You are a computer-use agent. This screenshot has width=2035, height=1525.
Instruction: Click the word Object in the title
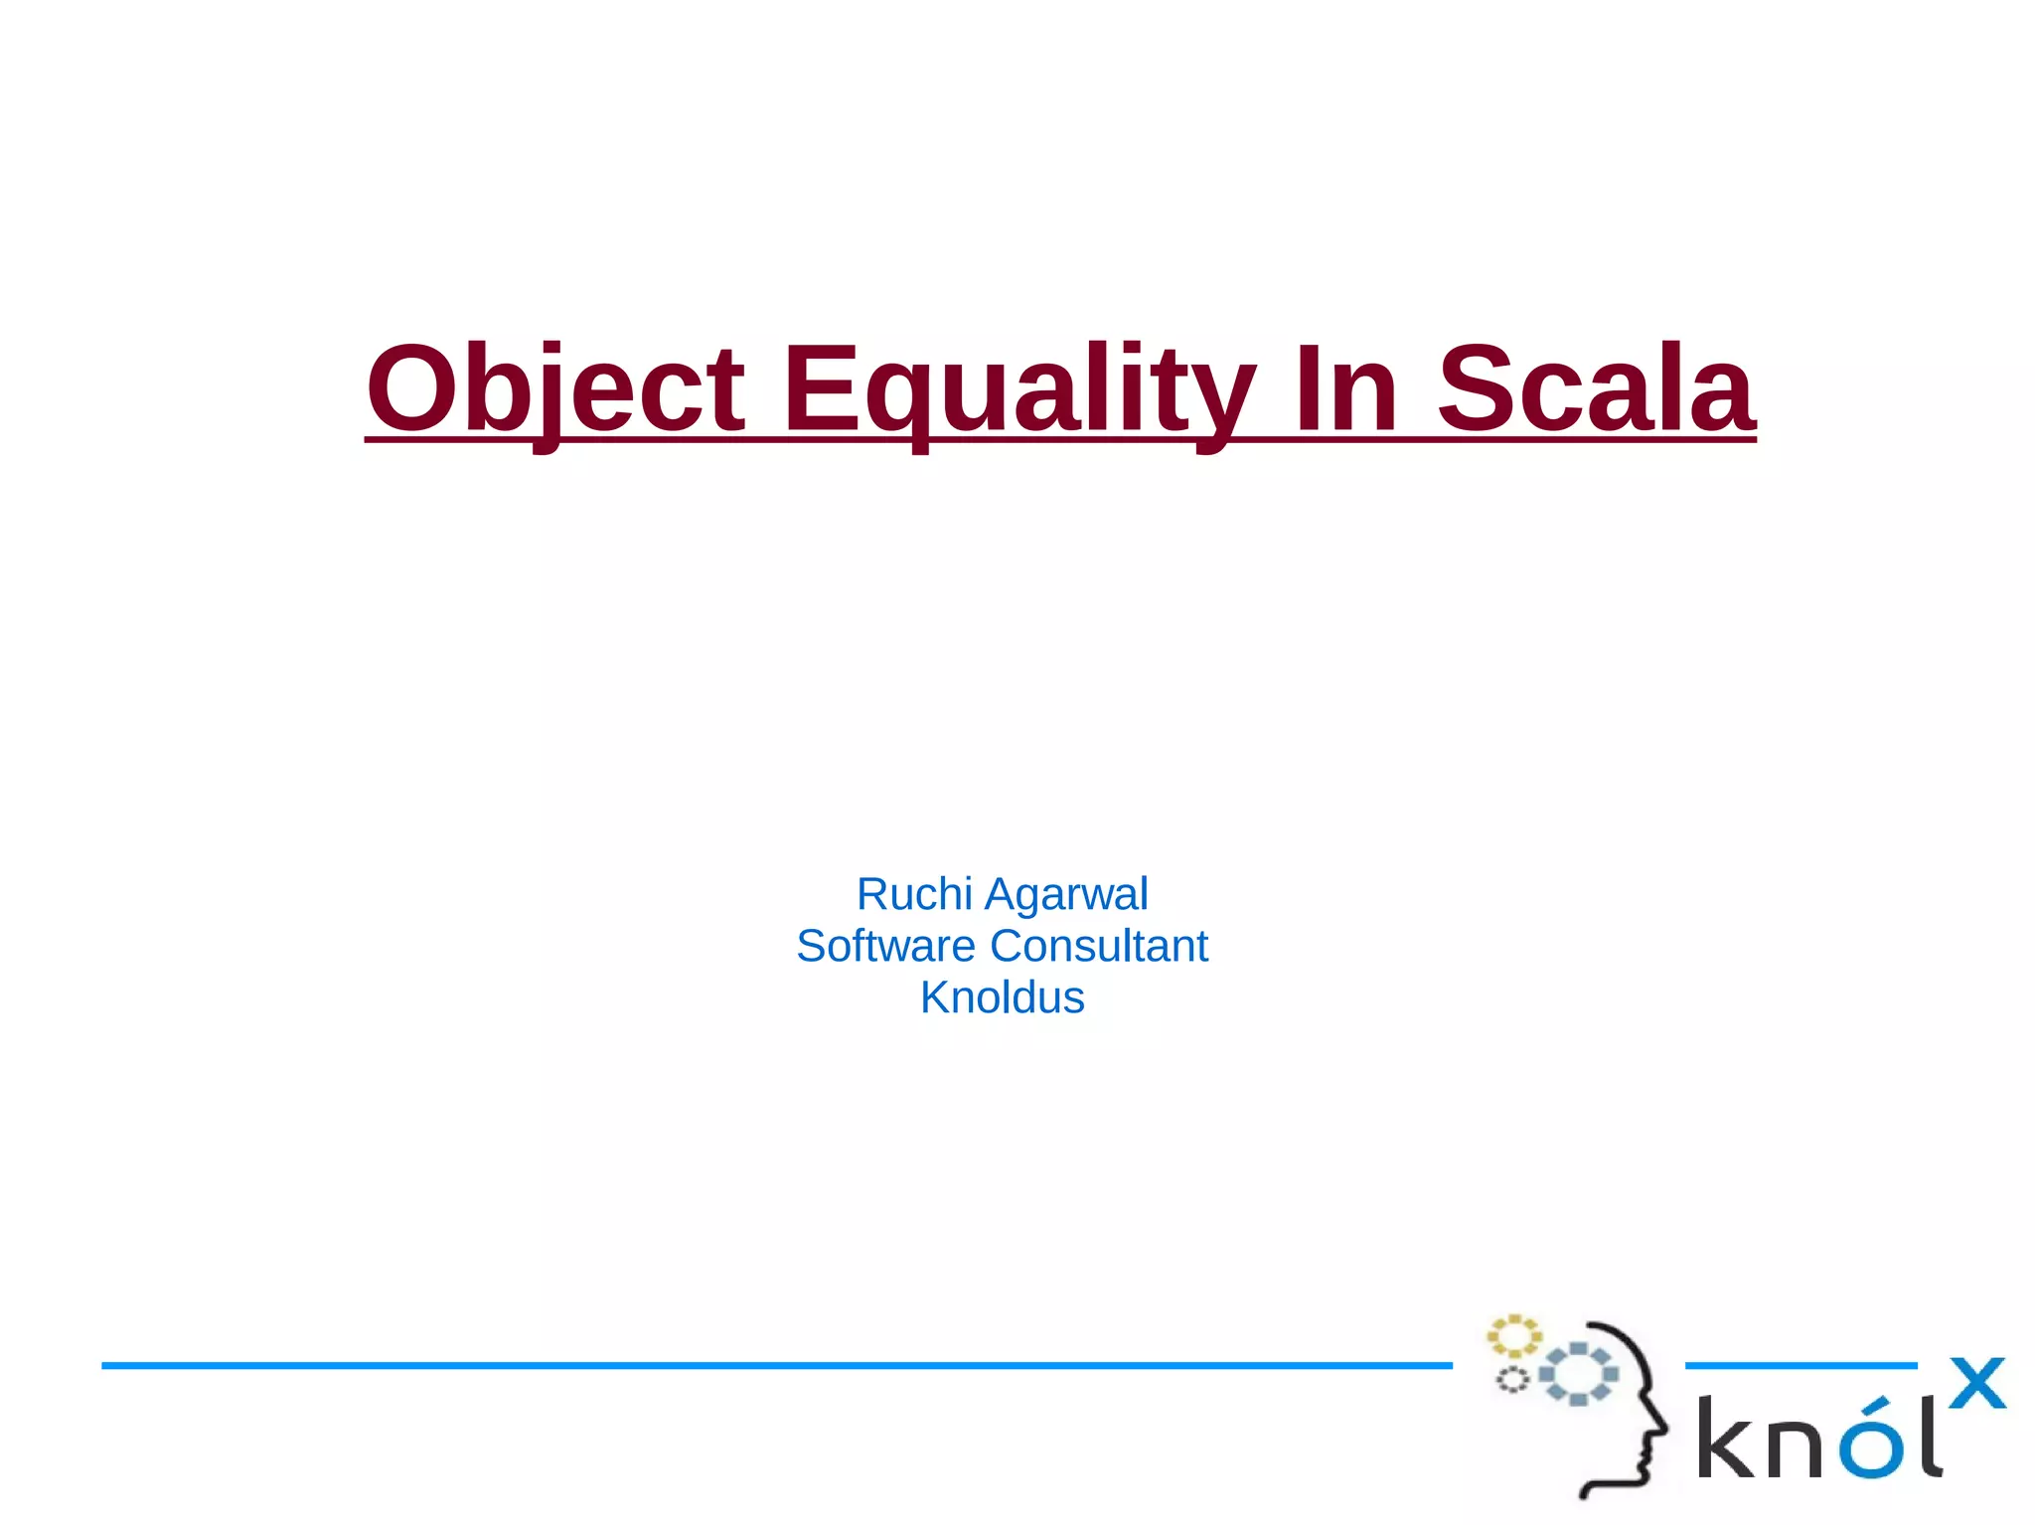[x=554, y=389]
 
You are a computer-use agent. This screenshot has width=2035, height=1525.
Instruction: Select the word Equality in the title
[x=1018, y=389]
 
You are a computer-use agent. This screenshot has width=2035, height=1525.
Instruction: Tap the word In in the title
[x=1346, y=389]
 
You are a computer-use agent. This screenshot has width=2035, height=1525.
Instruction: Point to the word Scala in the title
[x=1595, y=389]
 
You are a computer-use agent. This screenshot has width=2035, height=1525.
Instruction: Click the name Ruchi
[x=914, y=894]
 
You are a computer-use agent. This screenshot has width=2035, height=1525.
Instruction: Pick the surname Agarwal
[x=1066, y=894]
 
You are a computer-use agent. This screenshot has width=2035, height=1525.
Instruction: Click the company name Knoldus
[x=1002, y=997]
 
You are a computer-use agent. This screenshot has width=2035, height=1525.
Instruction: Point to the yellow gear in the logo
[x=1513, y=1336]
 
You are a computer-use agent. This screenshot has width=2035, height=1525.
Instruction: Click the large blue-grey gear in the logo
[x=1578, y=1374]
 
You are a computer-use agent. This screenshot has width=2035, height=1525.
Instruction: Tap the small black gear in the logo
[x=1512, y=1380]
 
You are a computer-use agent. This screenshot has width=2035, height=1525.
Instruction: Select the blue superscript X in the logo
[x=1976, y=1383]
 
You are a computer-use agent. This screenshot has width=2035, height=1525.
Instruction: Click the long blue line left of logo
[x=775, y=1365]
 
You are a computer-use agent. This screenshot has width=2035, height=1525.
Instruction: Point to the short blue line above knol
[x=1800, y=1365]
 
